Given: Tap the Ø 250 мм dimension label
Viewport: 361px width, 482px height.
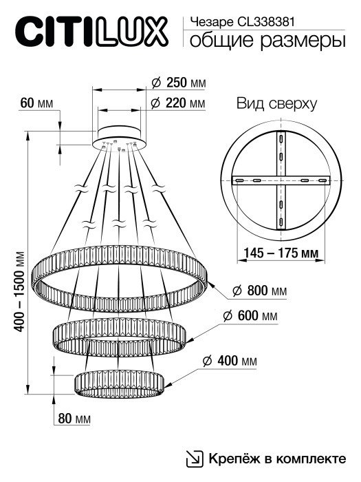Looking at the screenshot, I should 177,83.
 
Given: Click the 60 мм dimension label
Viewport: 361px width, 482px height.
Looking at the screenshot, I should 36,103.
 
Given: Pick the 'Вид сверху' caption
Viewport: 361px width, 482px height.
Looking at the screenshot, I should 276,105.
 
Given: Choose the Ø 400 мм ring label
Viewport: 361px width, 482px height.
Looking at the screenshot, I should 230,361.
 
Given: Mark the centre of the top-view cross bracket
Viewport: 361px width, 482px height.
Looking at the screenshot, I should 281,180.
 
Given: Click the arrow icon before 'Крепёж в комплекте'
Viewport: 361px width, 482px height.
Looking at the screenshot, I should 195,459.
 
